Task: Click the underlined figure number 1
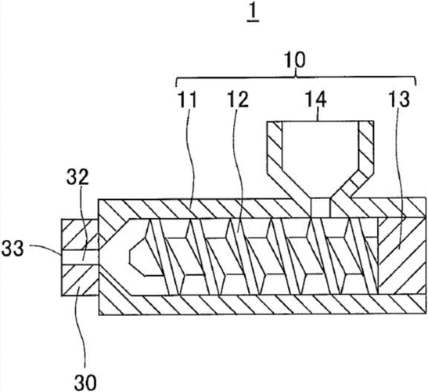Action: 253,14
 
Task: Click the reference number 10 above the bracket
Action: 295,60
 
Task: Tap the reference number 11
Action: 188,100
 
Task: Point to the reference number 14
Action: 316,100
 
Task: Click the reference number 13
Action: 399,99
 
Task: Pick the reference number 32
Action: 77,176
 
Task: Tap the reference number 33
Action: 13,249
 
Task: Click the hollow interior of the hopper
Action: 320,156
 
